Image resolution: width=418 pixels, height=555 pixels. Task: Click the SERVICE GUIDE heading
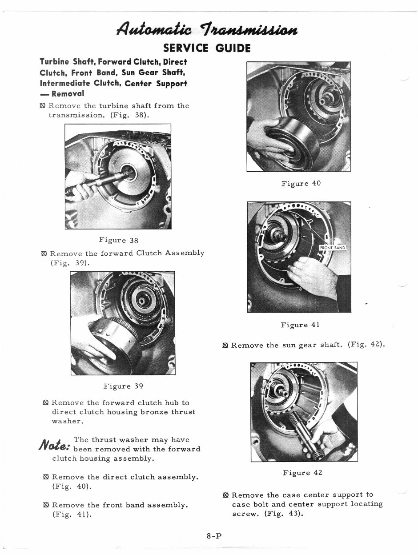coord(207,48)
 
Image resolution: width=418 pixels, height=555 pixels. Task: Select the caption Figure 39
coord(123,386)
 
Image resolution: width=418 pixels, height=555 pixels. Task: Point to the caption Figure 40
coord(301,183)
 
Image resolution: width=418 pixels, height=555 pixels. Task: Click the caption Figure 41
coord(300,325)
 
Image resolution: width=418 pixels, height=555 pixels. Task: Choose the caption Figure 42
coord(302,473)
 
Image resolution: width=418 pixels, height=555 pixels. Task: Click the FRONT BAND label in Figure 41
coord(333,248)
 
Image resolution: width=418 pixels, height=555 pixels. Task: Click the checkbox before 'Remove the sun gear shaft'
coord(225,345)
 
